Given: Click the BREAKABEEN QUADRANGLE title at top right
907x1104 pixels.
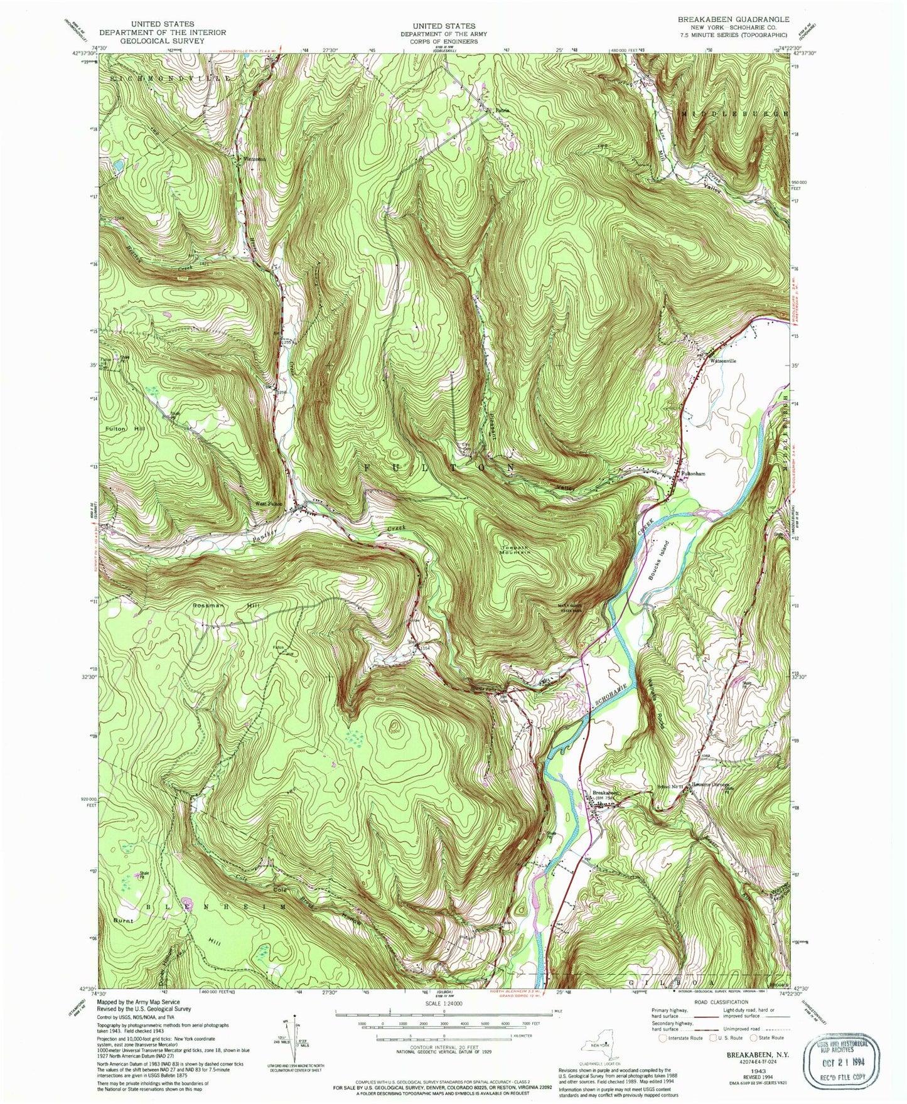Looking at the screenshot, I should point(733,19).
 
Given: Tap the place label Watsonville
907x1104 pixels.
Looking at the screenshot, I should point(722,361).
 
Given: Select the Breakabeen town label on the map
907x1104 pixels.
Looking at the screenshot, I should point(606,793).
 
